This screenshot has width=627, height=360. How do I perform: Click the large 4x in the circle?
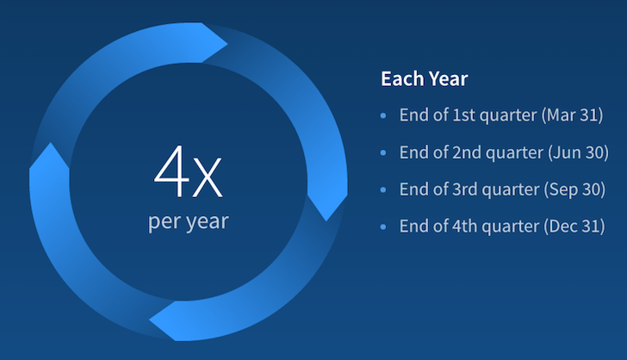tap(188, 172)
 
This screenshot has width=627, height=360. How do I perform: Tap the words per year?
tap(189, 222)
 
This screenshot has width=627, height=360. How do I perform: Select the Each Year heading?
tap(425, 78)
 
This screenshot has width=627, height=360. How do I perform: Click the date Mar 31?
tap(573, 115)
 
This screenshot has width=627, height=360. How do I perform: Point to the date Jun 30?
tap(578, 152)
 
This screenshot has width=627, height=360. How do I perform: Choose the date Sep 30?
tap(574, 189)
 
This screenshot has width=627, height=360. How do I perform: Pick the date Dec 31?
tap(574, 226)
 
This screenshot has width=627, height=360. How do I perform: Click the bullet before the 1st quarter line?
tap(383, 115)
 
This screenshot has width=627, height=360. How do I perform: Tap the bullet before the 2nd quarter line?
tap(383, 152)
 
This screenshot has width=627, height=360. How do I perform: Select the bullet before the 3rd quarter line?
tap(383, 189)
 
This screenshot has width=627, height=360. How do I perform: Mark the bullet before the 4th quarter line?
tap(383, 227)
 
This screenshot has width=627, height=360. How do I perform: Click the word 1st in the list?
tap(463, 115)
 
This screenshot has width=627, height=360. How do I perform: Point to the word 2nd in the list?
tap(466, 152)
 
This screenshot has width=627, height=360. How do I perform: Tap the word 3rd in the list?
tap(465, 189)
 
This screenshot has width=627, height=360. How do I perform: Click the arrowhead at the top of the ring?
tap(214, 43)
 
